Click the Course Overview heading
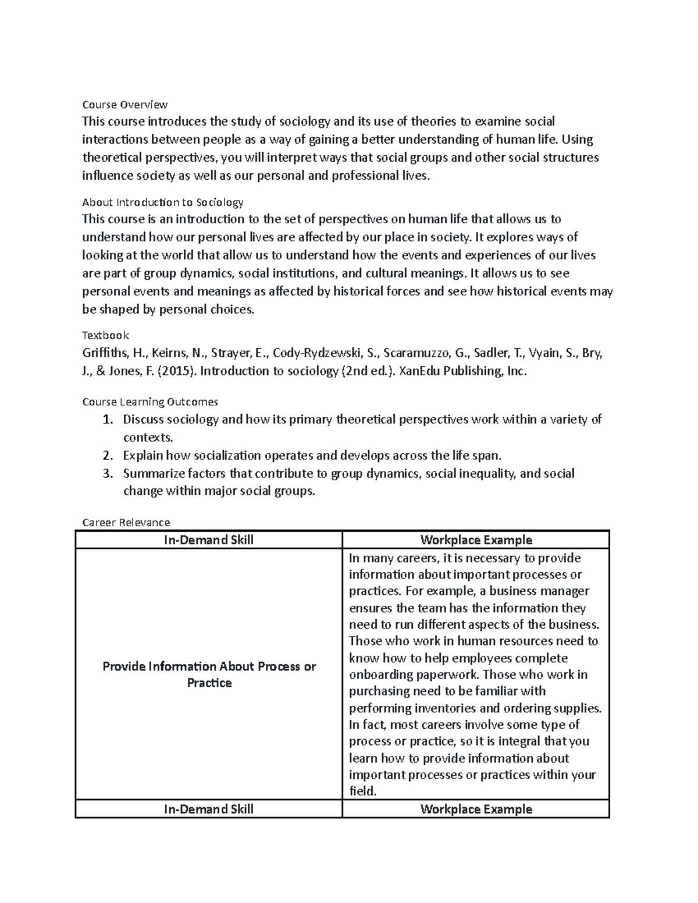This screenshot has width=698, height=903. click(124, 105)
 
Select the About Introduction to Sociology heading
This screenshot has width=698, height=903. click(162, 202)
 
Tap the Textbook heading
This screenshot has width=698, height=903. click(105, 335)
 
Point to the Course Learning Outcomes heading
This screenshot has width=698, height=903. click(150, 402)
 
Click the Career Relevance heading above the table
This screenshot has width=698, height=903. click(126, 522)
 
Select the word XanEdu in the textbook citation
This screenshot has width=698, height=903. click(422, 372)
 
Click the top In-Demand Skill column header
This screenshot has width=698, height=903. click(209, 540)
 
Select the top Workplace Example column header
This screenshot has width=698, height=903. click(476, 540)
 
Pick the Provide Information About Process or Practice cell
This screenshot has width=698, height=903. click(209, 674)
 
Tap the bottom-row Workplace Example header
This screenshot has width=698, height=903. click(476, 809)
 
